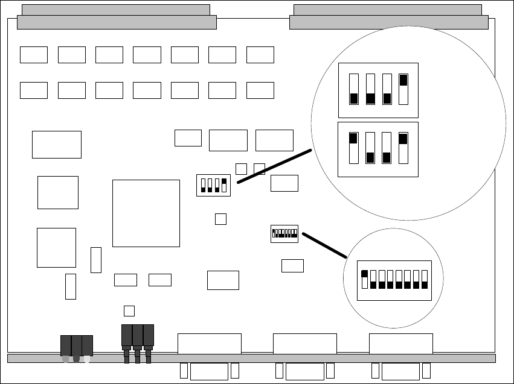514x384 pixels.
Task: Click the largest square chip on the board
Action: click(146, 213)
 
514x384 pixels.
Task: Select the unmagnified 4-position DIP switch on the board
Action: click(213, 185)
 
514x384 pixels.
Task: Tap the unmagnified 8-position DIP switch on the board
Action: click(284, 233)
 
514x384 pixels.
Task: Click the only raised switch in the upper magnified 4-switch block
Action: click(403, 89)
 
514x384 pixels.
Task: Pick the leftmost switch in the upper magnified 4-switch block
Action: click(354, 89)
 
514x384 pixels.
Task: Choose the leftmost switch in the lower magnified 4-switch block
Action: click(353, 148)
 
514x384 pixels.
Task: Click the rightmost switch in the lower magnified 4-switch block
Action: click(403, 148)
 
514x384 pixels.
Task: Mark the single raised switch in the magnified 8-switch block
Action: click(364, 280)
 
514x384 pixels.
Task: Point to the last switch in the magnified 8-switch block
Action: click(425, 280)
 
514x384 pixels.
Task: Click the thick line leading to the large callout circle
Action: click(275, 165)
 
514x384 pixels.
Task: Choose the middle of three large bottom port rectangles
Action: click(304, 344)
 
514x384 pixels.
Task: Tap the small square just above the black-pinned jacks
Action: click(129, 310)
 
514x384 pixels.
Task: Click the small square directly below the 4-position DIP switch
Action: click(220, 219)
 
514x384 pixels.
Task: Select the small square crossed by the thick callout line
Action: click(259, 169)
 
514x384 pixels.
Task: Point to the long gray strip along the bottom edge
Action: click(251, 358)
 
